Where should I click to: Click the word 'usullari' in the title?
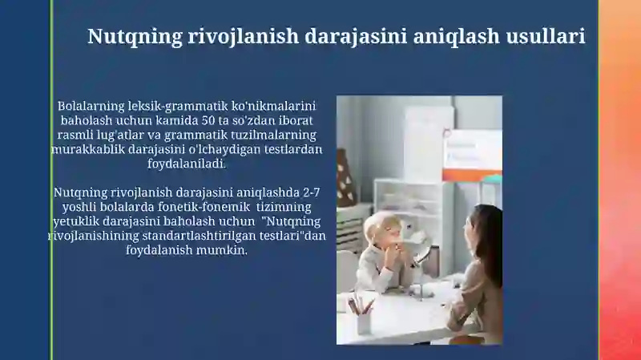point(546,36)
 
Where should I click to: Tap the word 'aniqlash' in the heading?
point(456,37)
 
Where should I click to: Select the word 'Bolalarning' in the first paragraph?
point(91,107)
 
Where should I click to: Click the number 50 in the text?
point(208,120)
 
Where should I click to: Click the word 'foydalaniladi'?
point(187,164)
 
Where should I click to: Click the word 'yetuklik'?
point(76,221)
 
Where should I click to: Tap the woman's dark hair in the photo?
point(486,237)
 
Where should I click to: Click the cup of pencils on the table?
point(362,316)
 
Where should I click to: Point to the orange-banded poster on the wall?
point(472,155)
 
